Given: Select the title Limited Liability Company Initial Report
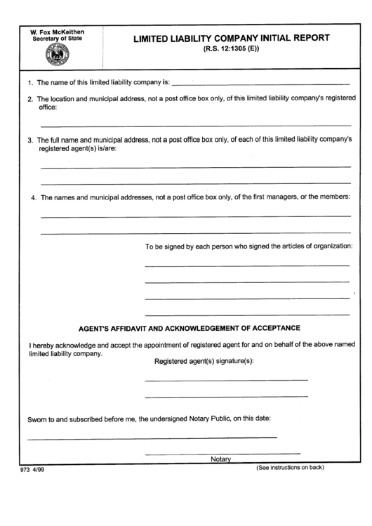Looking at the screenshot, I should pyautogui.click(x=231, y=39).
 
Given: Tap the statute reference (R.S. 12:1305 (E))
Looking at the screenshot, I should pyautogui.click(x=231, y=51).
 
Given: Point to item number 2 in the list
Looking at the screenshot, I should pyautogui.click(x=30, y=99).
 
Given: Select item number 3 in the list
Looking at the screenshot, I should pyautogui.click(x=30, y=140).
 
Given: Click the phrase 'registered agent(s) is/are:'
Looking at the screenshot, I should pyautogui.click(x=78, y=149).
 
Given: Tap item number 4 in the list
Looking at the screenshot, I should pyautogui.click(x=33, y=197).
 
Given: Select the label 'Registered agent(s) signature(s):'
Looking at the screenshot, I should pyautogui.click(x=204, y=361).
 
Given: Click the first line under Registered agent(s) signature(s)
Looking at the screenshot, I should pyautogui.click(x=226, y=380).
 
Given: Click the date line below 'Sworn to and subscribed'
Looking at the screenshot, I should pyautogui.click(x=152, y=438).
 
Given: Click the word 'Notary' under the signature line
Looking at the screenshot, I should pyautogui.click(x=220, y=459).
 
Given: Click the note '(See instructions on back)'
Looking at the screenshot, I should pyautogui.click(x=290, y=468).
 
